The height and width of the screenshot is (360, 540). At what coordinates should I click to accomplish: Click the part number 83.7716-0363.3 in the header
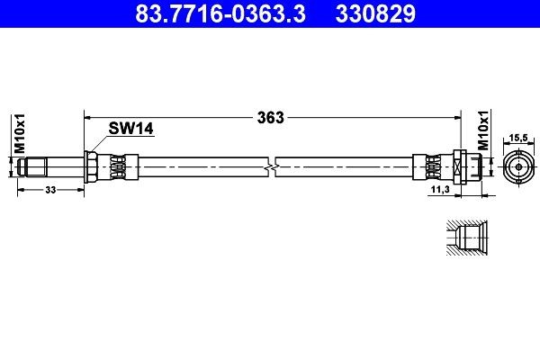click(x=220, y=13)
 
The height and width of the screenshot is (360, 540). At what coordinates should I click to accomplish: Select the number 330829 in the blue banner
click(x=375, y=13)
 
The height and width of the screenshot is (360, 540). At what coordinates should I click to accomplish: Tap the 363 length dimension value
click(x=271, y=118)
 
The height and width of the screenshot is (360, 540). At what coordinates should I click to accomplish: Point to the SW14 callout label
click(x=130, y=129)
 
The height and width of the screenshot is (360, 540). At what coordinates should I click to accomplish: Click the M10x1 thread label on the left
click(x=20, y=133)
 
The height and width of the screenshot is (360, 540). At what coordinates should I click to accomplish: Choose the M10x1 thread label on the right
click(x=483, y=130)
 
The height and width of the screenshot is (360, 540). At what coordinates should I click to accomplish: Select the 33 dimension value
click(x=50, y=190)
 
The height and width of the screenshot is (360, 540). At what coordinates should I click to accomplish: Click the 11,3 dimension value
click(x=440, y=189)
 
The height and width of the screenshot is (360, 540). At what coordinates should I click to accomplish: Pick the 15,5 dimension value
click(x=518, y=138)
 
